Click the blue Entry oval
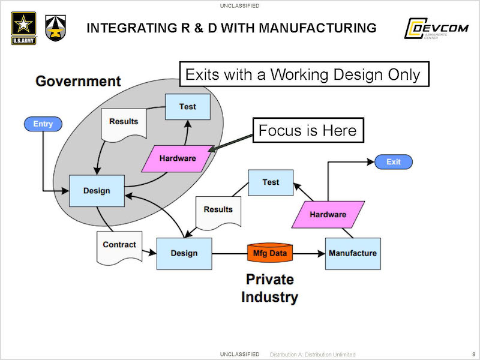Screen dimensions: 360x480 (43, 124)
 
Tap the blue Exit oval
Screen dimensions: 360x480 (394, 162)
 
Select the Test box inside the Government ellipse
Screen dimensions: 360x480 (187, 107)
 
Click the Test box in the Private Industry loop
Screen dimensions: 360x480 (271, 182)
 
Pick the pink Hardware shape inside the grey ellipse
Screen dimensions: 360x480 (178, 158)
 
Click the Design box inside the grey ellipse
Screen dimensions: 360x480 (97, 191)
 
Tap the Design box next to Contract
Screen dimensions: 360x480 (184, 253)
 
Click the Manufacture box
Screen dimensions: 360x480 (353, 253)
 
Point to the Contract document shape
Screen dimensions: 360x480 (119, 246)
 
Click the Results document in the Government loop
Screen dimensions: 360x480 (124, 123)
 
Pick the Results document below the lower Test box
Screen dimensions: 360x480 (218, 211)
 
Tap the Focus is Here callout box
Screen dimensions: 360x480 (308, 131)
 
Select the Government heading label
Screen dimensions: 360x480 (78, 81)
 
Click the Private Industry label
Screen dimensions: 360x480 (269, 287)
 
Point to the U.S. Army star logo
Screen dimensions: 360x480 (23, 27)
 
